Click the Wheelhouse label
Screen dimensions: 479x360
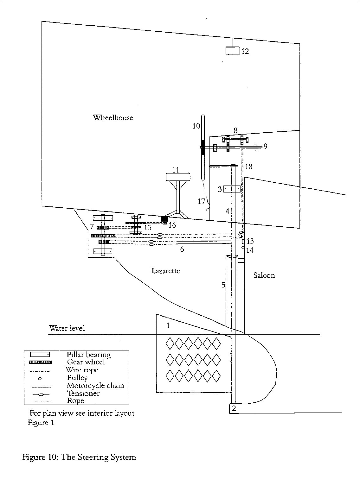[x=113, y=118]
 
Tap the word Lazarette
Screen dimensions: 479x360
[x=165, y=271]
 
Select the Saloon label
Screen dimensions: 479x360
[x=264, y=275]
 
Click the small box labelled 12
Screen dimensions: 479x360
[x=233, y=50]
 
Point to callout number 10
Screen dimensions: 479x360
[x=196, y=126]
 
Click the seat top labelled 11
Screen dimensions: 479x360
[x=178, y=177]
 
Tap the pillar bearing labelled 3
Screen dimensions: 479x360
[x=232, y=189]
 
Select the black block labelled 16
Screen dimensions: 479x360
[x=164, y=218]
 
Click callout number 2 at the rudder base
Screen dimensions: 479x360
[x=234, y=408]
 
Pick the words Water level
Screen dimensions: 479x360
[x=67, y=328]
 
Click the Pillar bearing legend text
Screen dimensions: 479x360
[x=88, y=355]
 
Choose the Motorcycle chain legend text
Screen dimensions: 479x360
[x=95, y=386]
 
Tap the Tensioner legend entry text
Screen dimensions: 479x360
[x=83, y=394]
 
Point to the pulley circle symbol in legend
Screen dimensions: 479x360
[x=40, y=378]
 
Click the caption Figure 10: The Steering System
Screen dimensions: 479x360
[x=79, y=457]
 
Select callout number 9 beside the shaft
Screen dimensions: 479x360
[x=265, y=146]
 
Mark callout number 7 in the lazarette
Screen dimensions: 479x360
[x=92, y=226]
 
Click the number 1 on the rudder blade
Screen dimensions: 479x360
[x=168, y=325]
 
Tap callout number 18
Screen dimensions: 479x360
[x=249, y=166]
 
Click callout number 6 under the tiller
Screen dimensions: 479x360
[x=182, y=249]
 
